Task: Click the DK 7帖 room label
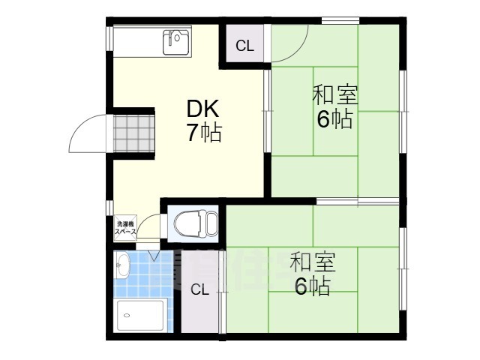(x=203, y=121)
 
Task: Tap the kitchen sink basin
(x=178, y=43)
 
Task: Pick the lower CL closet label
(x=199, y=291)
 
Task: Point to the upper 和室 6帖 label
(x=334, y=107)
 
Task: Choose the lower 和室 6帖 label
(x=313, y=274)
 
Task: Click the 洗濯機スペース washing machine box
(x=124, y=228)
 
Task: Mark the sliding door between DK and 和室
(x=266, y=112)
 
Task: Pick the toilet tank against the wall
(x=212, y=223)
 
